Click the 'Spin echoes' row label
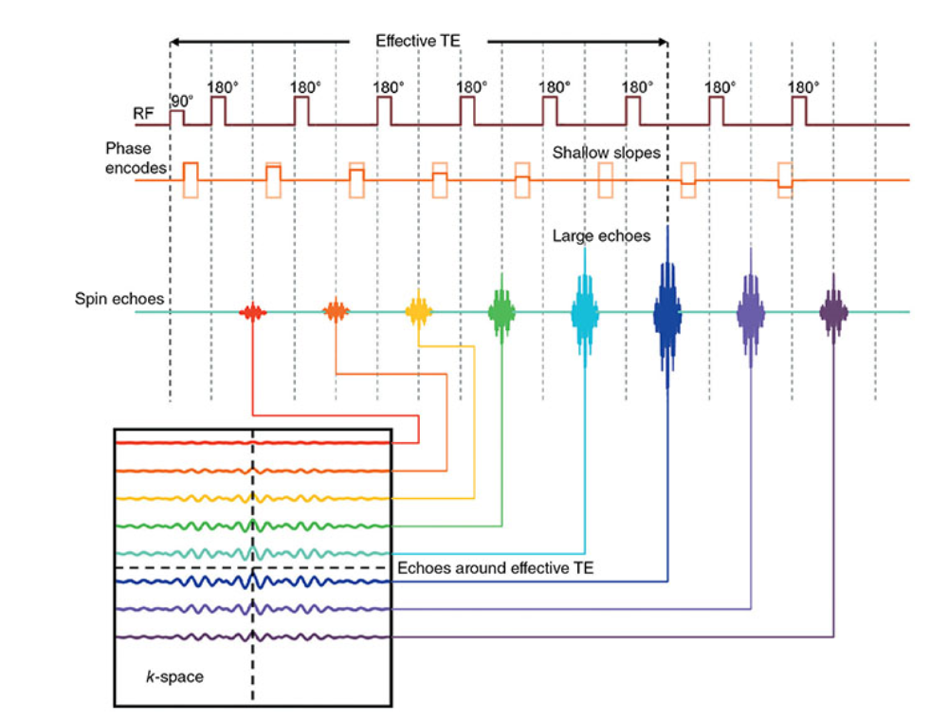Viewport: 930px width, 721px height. click(119, 299)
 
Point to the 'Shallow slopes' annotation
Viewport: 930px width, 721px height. click(607, 153)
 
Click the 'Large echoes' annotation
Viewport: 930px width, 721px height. click(601, 235)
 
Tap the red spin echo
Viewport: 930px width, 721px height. click(252, 311)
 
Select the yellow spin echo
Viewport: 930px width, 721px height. click(418, 311)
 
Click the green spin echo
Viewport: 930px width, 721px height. click(501, 311)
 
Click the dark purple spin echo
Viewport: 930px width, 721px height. click(834, 311)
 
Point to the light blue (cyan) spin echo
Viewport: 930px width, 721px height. click(585, 311)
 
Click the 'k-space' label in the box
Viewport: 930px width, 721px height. click(181, 677)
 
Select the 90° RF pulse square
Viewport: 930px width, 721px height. click(176, 117)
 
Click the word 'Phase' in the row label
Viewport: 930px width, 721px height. click(128, 149)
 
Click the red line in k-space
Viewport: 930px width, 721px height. click(190, 443)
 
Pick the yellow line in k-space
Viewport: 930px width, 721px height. click(190, 498)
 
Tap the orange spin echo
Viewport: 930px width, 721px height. click(336, 311)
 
